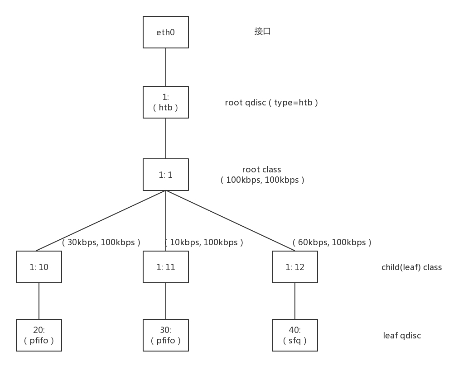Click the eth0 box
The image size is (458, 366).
166,32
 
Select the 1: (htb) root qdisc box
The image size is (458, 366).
166,102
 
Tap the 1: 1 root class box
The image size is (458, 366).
166,175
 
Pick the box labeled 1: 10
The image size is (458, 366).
39,267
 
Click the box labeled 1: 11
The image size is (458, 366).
166,267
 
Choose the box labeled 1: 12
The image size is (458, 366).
295,267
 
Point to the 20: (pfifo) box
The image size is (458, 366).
39,335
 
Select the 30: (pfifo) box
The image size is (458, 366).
166,335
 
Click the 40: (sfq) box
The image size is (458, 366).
295,335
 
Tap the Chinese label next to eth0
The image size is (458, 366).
262,32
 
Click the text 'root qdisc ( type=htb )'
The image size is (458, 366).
271,103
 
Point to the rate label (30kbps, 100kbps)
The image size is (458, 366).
101,242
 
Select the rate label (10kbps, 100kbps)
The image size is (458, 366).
204,242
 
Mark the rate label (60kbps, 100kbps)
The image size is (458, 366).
332,242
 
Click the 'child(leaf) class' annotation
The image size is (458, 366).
411,267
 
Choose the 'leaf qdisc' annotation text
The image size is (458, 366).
402,336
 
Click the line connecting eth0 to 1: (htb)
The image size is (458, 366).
166,67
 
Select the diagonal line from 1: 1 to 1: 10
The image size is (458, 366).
101,220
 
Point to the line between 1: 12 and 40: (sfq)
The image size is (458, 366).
295,301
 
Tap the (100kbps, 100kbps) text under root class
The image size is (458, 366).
262,180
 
